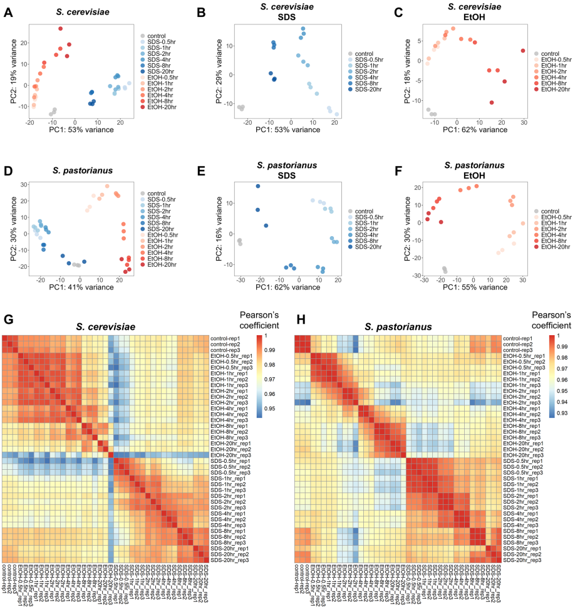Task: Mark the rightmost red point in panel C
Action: point(523,51)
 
